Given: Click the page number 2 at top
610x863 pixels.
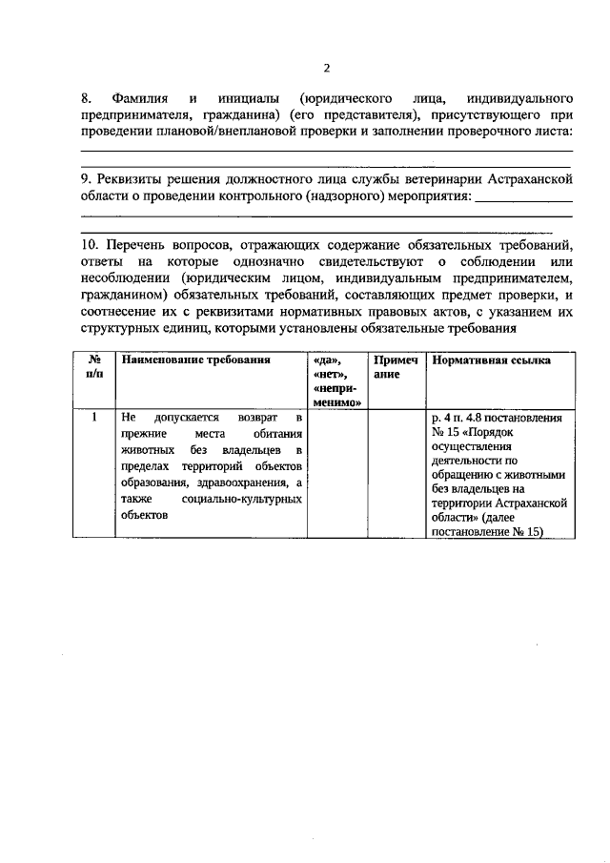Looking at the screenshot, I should pos(326,68).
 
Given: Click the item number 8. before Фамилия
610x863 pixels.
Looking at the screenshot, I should pos(86,98).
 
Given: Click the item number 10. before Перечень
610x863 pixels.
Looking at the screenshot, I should pos(91,245).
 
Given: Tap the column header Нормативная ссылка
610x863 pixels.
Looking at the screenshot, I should pos(490,361).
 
